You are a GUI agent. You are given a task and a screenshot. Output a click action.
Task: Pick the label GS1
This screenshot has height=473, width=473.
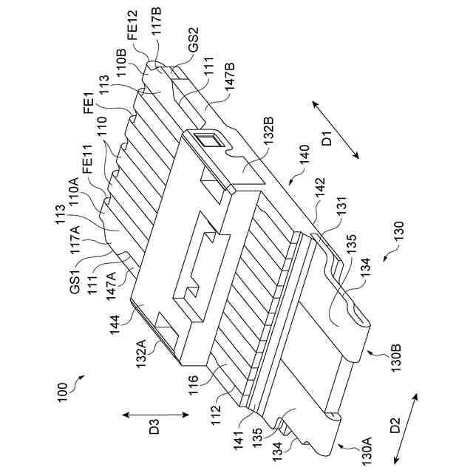[74, 283]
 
